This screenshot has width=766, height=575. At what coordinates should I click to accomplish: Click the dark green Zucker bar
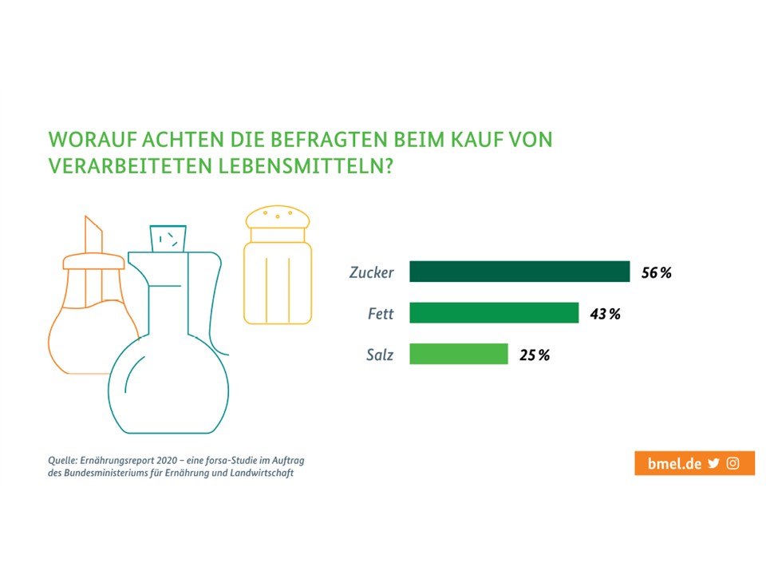(519, 272)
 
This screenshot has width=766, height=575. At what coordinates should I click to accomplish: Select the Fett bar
(494, 312)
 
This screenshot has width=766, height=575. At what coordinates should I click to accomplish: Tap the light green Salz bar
(459, 354)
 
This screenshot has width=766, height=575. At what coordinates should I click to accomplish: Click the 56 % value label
(656, 272)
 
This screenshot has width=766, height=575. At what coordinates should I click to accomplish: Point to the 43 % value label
(605, 313)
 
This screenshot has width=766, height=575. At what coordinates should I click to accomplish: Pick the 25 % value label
(534, 355)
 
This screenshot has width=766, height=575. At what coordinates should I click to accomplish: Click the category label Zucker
(371, 272)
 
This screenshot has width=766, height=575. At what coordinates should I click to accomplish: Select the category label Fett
(380, 313)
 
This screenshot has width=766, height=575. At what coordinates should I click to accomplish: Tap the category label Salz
(379, 355)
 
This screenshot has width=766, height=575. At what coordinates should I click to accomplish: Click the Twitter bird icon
(713, 463)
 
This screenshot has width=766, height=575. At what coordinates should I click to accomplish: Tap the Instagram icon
(733, 463)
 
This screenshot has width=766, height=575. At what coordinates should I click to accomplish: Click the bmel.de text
(674, 463)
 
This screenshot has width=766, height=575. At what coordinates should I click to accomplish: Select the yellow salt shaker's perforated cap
(277, 216)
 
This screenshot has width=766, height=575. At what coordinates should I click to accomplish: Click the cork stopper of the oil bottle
(168, 237)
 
